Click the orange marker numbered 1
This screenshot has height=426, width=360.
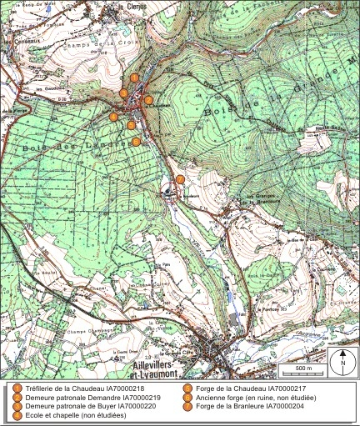[x=134, y=78]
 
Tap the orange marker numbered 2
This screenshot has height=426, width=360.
[x=123, y=93]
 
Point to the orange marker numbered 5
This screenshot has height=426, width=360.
[x=130, y=125]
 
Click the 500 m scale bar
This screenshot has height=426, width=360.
[x=302, y=368]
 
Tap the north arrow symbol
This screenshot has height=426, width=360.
[x=342, y=362]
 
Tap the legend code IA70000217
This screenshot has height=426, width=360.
[x=292, y=388]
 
